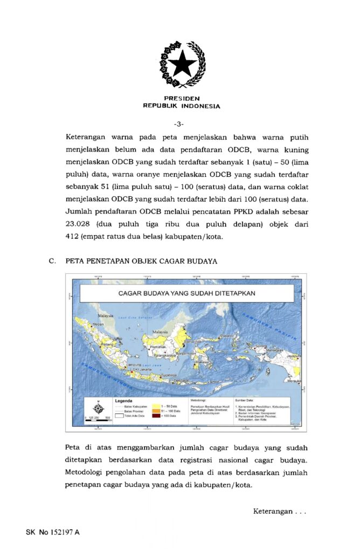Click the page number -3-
click(x=180, y=125)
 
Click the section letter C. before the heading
click(x=52, y=261)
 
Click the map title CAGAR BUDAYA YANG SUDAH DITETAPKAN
click(x=186, y=294)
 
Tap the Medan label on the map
click(x=98, y=325)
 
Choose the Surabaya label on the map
click(x=169, y=373)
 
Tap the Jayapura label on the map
click(x=293, y=356)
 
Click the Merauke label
click(x=294, y=381)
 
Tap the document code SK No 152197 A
click(x=52, y=533)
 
